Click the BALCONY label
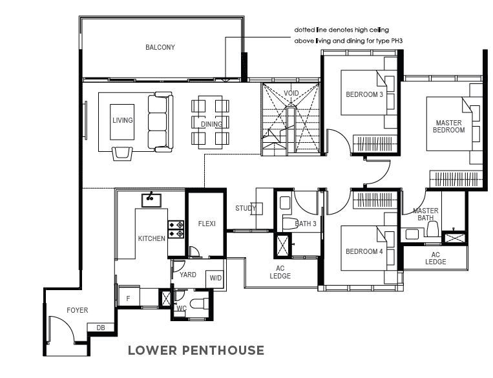[x=160, y=47]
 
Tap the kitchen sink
[x=151, y=200]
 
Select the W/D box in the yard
[x=215, y=278]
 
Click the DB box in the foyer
[x=101, y=328]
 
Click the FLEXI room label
[x=207, y=224]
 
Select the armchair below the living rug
[x=122, y=154]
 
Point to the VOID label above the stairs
[x=291, y=93]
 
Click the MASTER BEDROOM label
[x=448, y=127]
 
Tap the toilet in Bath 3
[x=289, y=223]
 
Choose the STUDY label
[x=246, y=208]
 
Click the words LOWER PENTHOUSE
[x=196, y=350]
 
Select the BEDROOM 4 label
[x=364, y=251]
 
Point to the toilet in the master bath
[x=432, y=229]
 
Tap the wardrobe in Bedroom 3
[x=375, y=144]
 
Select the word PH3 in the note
[x=397, y=41]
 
